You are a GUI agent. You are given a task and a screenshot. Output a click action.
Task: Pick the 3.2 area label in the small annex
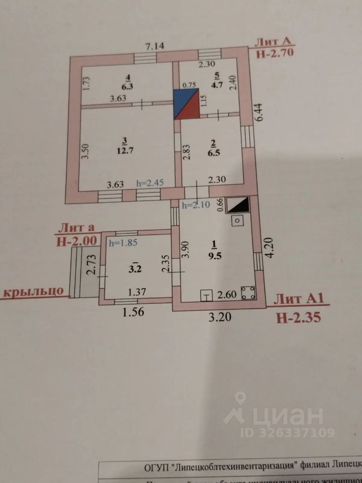click(135, 269)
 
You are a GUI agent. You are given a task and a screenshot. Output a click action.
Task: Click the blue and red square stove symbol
click(186, 104)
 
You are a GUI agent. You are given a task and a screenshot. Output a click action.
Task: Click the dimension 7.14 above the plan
click(156, 47)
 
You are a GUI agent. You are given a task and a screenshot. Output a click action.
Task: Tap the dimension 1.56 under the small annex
click(134, 311)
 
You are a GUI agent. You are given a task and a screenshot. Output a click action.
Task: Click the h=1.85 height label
click(124, 243)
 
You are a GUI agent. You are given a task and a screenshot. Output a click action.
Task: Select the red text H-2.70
click(275, 53)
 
